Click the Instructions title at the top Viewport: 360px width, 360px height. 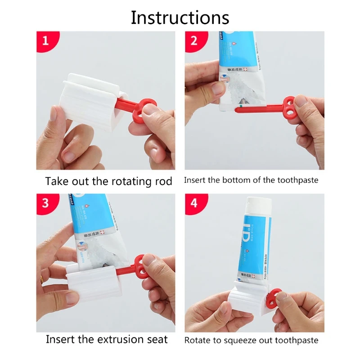(180, 18)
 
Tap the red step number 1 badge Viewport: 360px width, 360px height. (45, 41)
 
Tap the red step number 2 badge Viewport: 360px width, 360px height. (194, 41)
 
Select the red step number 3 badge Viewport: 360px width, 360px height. (45, 203)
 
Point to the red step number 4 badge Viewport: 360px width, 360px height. (194, 203)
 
